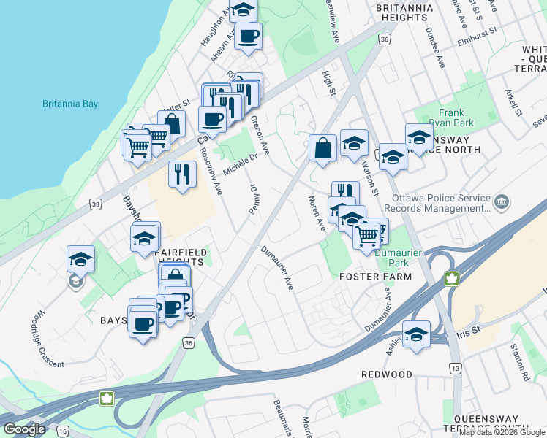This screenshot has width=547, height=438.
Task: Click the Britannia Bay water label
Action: pyautogui.click(x=69, y=104)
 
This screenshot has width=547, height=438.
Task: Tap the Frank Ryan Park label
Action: pyautogui.click(x=452, y=118)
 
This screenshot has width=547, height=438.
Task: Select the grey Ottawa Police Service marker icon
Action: pyautogui.click(x=501, y=201)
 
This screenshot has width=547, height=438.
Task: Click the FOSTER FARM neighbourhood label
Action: pyautogui.click(x=376, y=277)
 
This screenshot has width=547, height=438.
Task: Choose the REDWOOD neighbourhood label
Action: pyautogui.click(x=387, y=374)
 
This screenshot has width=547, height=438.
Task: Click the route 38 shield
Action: pyautogui.click(x=96, y=205)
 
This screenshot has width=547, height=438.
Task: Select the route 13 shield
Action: pyautogui.click(x=455, y=369)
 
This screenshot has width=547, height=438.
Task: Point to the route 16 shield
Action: pyautogui.click(x=63, y=431)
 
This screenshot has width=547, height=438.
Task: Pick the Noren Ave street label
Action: pyautogui.click(x=316, y=213)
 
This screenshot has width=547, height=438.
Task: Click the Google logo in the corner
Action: pyautogui.click(x=25, y=429)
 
